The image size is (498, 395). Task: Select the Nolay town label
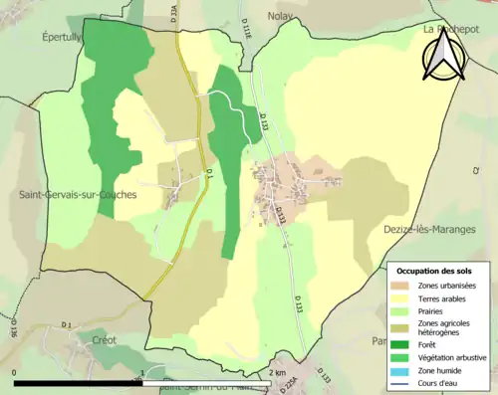[x=284, y=16]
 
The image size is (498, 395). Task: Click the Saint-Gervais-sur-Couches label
[x=77, y=194]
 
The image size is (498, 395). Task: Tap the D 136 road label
[x=13, y=325]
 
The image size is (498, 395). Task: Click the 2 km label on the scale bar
[x=278, y=372]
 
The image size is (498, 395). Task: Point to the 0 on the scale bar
[x=15, y=372]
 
